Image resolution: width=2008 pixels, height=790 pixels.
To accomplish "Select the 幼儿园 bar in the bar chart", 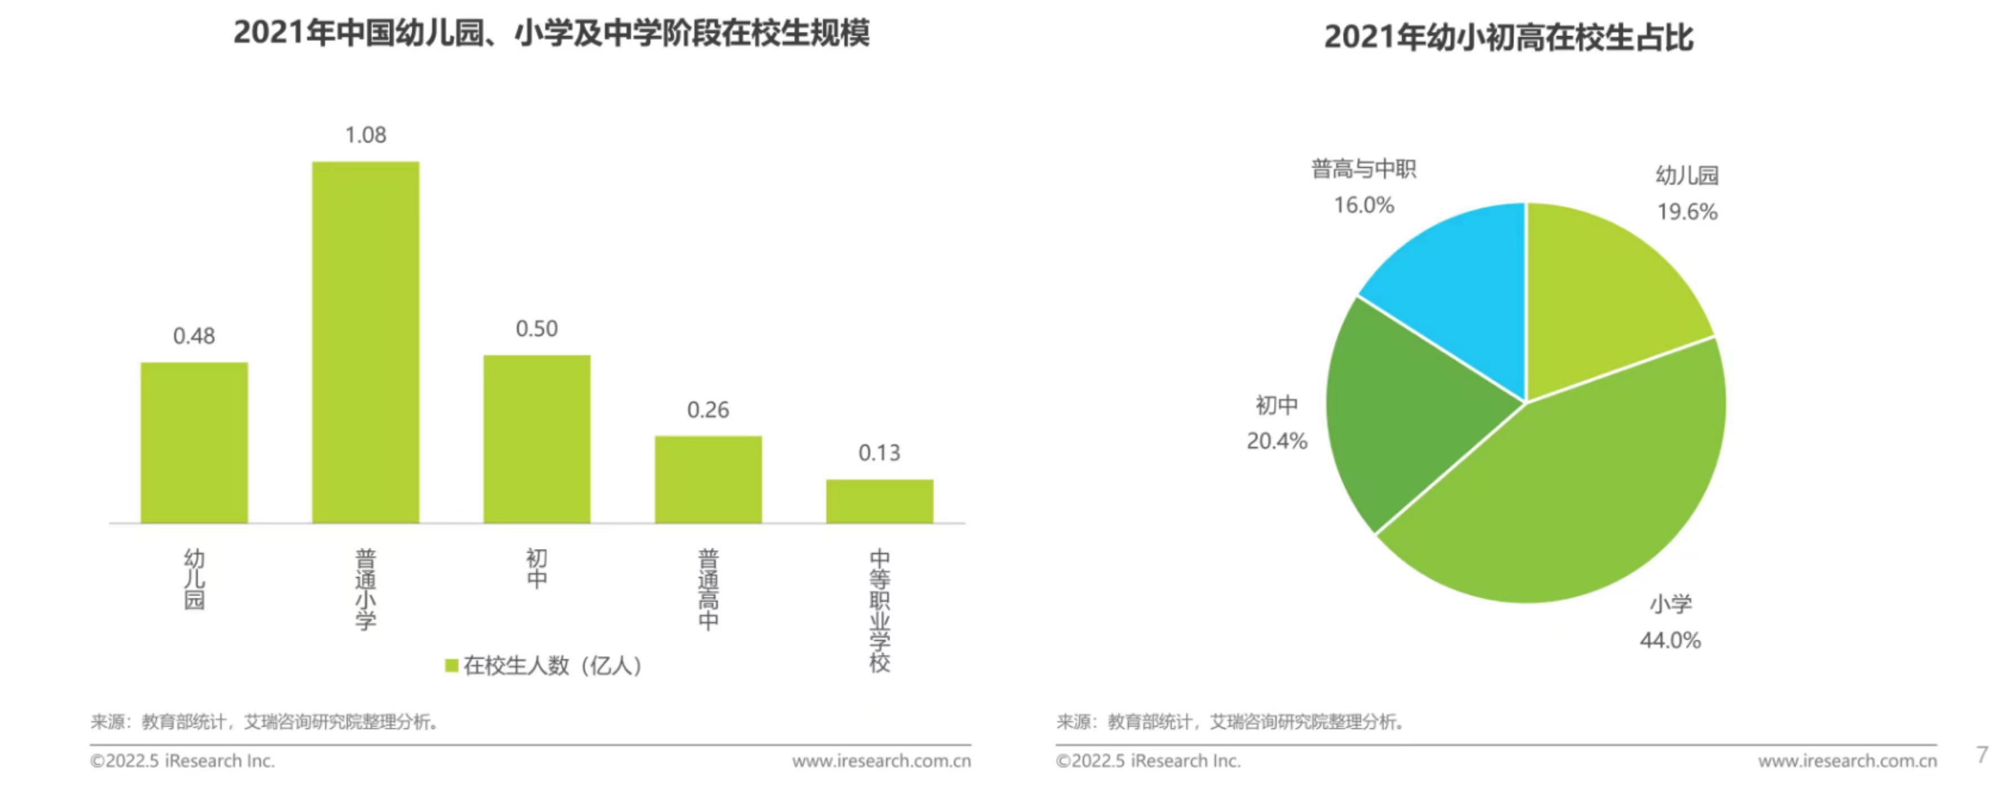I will [x=194, y=442].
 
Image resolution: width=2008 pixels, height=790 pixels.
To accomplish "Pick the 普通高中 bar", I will [x=708, y=479].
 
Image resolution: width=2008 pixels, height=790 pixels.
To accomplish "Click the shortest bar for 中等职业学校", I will [x=879, y=501].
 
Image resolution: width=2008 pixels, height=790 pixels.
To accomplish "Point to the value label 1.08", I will [x=366, y=136].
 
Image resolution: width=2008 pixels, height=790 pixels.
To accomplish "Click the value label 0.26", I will [x=708, y=410].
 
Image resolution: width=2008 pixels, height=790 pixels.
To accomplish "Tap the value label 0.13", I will [x=879, y=453].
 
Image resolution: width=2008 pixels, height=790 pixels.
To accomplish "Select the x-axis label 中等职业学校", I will [x=879, y=610].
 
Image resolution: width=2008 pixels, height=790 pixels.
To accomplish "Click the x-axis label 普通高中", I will [x=708, y=590].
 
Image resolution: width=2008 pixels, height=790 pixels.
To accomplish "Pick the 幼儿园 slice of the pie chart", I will [x=1606, y=296].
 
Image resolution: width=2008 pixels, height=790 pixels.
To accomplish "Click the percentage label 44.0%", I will [x=1670, y=640].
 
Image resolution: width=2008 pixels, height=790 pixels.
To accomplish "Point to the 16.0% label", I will [x=1363, y=205].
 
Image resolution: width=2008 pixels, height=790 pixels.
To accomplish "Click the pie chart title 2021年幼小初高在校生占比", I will [x=1509, y=37].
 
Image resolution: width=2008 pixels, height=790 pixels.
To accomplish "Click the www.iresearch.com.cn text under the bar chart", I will [x=881, y=761].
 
